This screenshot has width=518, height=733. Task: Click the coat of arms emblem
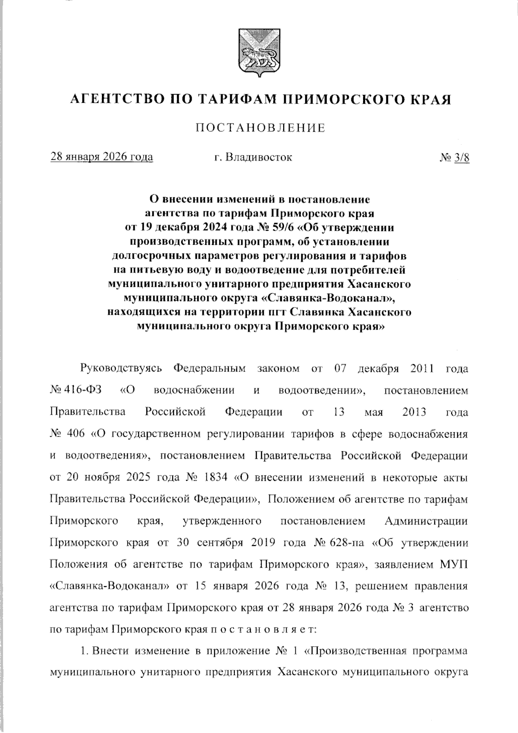coord(259,52)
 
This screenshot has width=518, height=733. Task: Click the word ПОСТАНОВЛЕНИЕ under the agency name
coord(260,128)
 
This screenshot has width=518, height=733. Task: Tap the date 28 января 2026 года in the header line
coord(102,157)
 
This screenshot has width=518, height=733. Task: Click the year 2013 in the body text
coord(414,412)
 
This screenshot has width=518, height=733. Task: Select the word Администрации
coord(426,521)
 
